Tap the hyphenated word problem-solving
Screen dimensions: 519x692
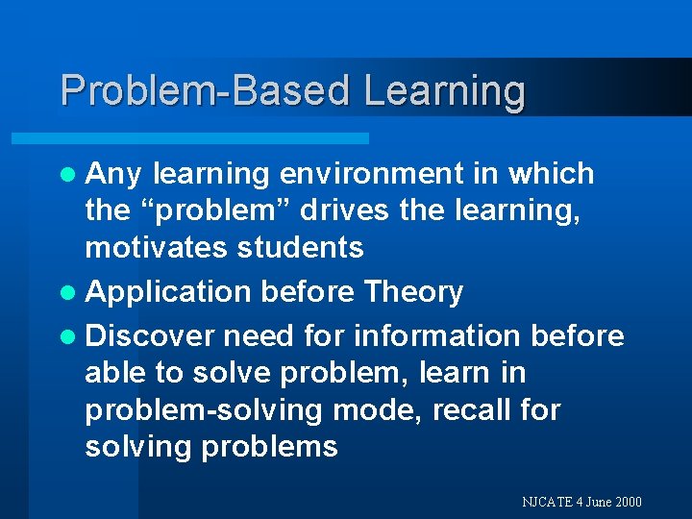click(x=204, y=410)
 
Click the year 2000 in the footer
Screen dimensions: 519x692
click(x=626, y=502)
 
